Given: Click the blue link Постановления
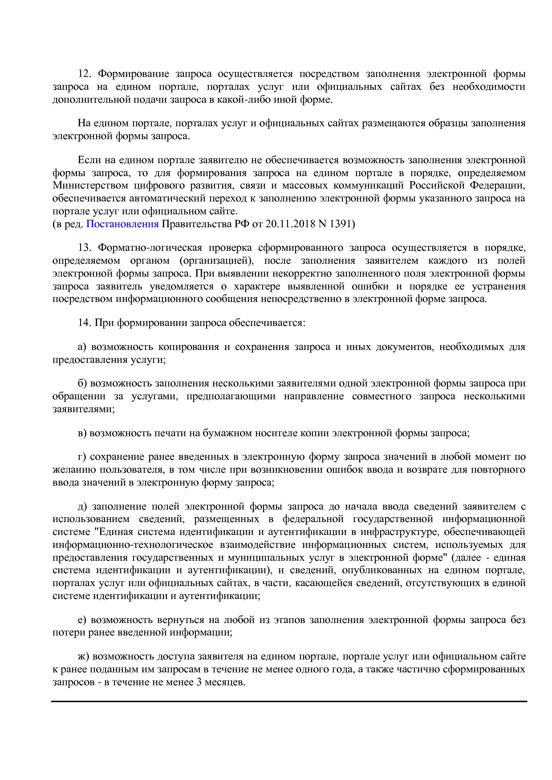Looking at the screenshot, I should [x=122, y=224].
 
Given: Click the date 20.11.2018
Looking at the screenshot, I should [x=290, y=224].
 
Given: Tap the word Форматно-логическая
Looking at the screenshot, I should [x=150, y=248].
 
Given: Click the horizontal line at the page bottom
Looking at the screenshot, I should [x=289, y=701].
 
